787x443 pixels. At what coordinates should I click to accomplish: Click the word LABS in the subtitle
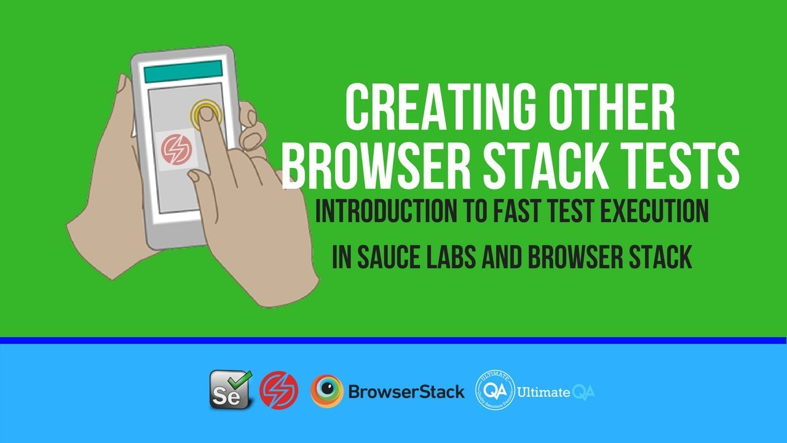click(456, 258)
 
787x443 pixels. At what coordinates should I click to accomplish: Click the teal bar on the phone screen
click(183, 71)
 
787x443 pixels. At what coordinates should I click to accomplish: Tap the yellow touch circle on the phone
click(205, 113)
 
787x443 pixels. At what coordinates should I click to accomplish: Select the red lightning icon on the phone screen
click(176, 150)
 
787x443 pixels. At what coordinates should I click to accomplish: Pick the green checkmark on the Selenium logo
click(242, 378)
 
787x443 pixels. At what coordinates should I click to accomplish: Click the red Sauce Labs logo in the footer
click(279, 391)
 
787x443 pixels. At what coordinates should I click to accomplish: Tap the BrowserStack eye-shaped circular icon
click(326, 391)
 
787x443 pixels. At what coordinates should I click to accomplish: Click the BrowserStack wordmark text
click(406, 391)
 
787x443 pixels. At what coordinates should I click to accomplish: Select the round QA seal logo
click(495, 391)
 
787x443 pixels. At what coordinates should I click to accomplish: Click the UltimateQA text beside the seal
click(556, 392)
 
